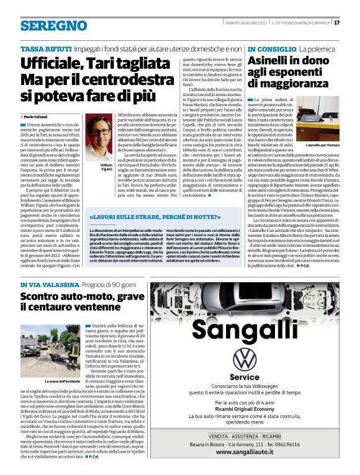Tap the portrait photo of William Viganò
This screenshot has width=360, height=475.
click(x=98, y=140)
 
